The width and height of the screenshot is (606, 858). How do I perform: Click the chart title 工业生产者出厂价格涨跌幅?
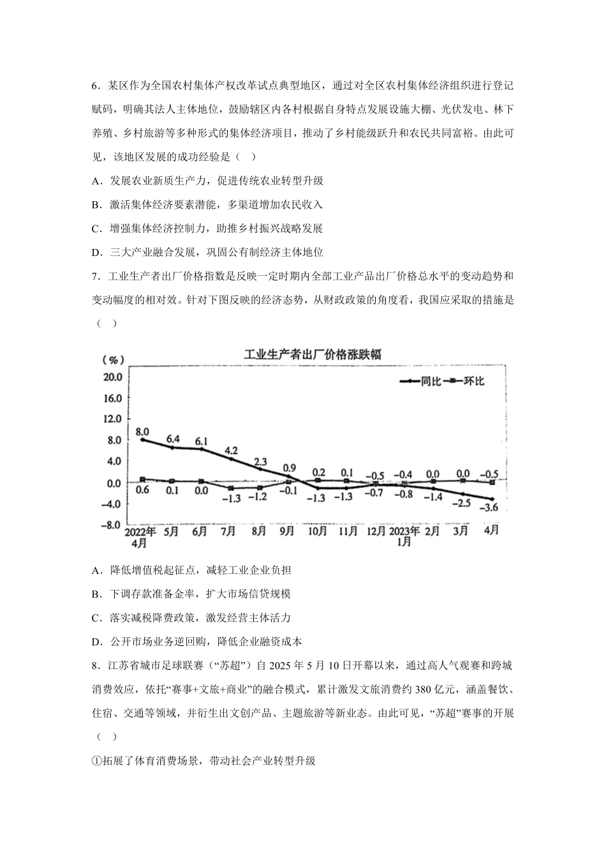pos(313,354)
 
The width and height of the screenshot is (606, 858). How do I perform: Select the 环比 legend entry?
pos(474,381)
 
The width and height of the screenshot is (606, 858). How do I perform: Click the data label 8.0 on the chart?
pos(143,431)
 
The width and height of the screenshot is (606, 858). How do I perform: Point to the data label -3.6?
pos(489,508)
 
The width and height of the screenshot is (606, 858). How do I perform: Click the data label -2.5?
pos(461,503)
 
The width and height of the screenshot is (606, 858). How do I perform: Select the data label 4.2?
pos(231,451)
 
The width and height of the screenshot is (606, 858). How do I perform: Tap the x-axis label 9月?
pos(288,531)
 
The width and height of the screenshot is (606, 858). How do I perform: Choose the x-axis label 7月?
pos(230,531)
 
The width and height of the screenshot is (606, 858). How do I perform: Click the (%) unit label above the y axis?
pos(113,360)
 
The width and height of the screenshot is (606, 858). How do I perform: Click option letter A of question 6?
pos(96,181)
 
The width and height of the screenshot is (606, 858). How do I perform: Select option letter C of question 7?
pos(96,618)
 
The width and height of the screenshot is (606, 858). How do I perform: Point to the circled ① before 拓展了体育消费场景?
pos(97,761)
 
